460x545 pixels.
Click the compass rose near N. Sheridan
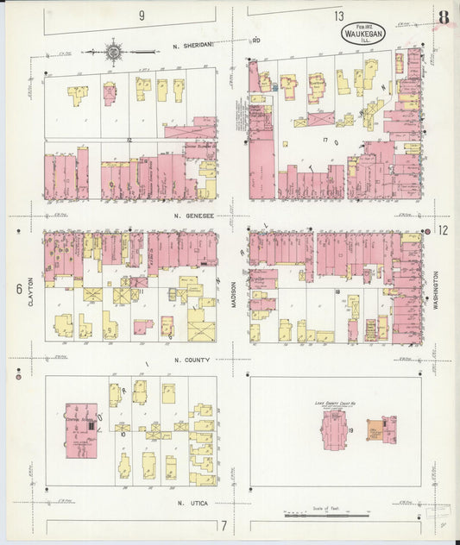click(x=113, y=52)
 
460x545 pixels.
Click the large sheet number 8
click(x=443, y=18)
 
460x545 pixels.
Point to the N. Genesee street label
click(x=192, y=215)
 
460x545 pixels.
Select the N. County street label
click(x=191, y=360)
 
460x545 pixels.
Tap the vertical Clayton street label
click(x=30, y=291)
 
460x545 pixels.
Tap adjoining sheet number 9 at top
click(x=141, y=16)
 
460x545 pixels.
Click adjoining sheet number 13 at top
click(x=340, y=16)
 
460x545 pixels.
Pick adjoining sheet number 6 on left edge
click(x=18, y=289)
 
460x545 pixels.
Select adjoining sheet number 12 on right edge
click(x=443, y=229)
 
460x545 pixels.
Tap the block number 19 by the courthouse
click(x=352, y=429)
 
